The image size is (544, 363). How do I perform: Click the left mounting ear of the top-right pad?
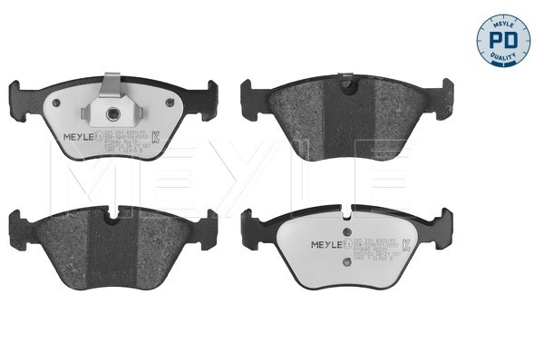pyautogui.click(x=247, y=92)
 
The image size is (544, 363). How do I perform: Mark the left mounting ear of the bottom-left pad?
pyautogui.click(x=16, y=220)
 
